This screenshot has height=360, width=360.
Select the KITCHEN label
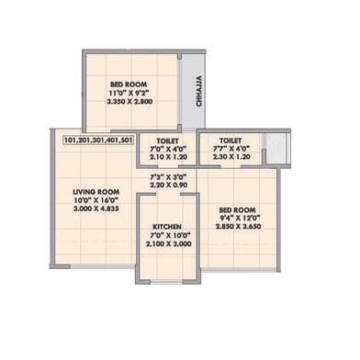point(165,226)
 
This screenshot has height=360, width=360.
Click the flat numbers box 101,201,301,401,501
point(99,141)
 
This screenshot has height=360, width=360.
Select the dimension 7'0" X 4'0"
point(166,152)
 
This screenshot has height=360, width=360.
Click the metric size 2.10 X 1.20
point(166,160)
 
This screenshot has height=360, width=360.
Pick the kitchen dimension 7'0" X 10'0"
point(165,235)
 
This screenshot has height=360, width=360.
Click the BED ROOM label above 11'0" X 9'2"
point(128,84)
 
